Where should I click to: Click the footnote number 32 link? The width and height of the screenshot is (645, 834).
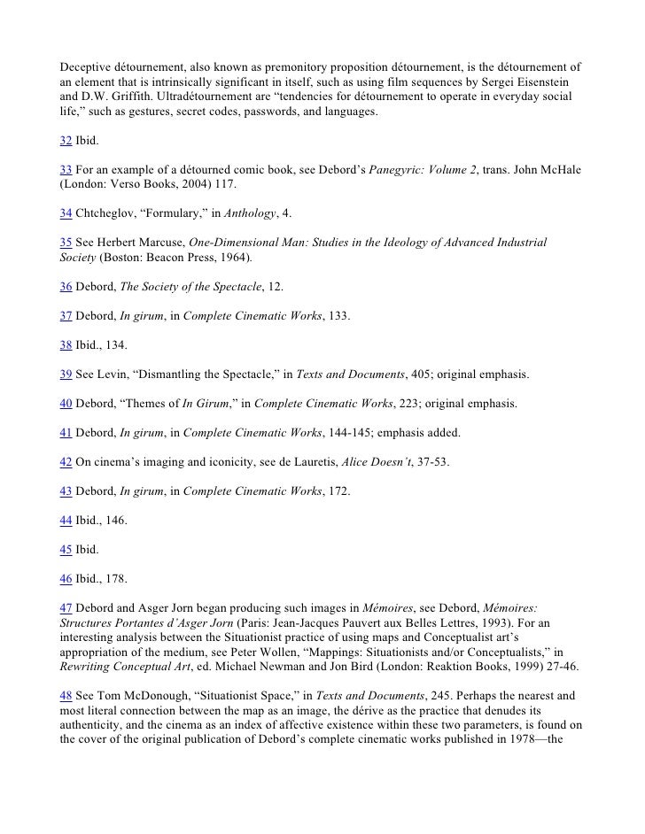(66, 142)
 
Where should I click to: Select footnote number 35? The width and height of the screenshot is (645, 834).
(66, 242)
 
